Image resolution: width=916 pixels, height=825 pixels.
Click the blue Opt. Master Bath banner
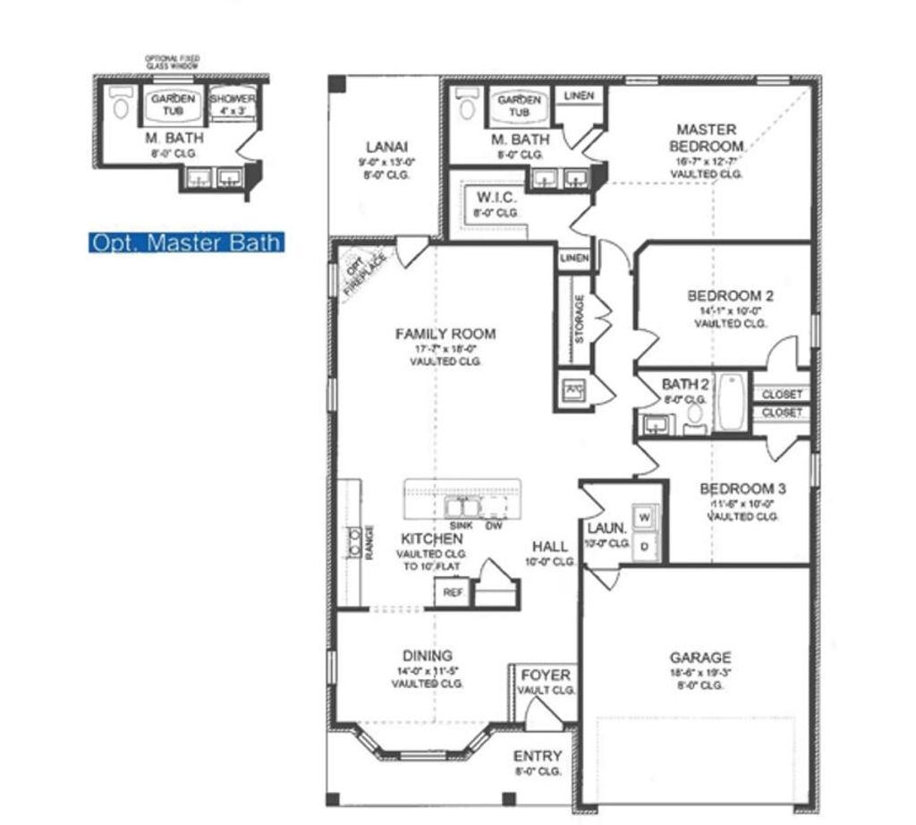(x=186, y=242)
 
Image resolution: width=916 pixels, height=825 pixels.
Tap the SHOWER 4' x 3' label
(x=233, y=105)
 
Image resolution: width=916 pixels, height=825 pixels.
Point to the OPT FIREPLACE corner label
(x=360, y=271)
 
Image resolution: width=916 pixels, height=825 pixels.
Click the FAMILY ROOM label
(x=445, y=334)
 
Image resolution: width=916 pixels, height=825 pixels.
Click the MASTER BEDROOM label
(x=707, y=138)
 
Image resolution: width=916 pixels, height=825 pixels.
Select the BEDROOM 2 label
(x=730, y=295)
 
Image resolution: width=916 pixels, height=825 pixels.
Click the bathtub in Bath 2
(x=731, y=402)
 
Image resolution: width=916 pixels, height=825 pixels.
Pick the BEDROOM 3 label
(x=742, y=489)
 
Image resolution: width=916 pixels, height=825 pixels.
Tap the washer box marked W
(x=644, y=517)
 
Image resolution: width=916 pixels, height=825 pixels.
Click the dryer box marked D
(x=644, y=546)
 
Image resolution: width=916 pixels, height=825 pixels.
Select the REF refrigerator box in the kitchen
(x=453, y=592)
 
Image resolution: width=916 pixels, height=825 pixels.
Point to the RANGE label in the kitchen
(x=369, y=542)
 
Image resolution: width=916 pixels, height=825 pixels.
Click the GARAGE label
(x=701, y=657)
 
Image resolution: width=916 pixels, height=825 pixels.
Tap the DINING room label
(x=427, y=655)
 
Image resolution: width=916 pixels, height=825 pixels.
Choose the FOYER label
(x=546, y=675)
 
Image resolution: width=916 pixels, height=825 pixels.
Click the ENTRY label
(x=538, y=756)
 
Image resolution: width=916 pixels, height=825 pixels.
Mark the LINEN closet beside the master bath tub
(x=580, y=96)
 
